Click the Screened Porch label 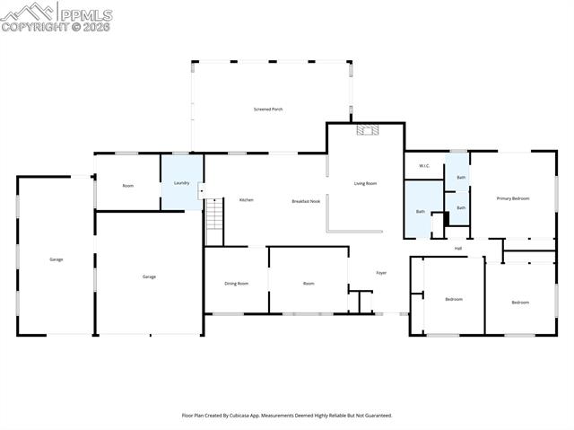click(269, 110)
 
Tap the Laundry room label click(180, 183)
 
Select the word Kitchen click(246, 199)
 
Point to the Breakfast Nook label click(306, 201)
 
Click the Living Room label click(365, 183)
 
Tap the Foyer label click(381, 272)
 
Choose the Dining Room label click(237, 284)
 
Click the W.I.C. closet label click(424, 166)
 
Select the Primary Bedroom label click(513, 197)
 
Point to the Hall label click(458, 249)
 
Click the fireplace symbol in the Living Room click(366, 130)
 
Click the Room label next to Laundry click(128, 185)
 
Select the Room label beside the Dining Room click(309, 284)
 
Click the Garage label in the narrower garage click(56, 259)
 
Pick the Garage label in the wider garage click(149, 276)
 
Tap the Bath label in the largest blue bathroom click(420, 212)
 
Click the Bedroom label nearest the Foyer click(454, 299)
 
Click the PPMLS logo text click(85, 14)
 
